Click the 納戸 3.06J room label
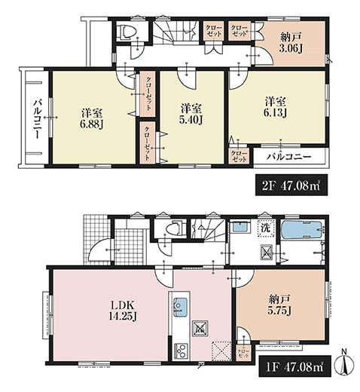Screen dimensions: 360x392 291,43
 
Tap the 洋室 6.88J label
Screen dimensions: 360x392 92,119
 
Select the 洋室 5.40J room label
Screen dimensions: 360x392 191,115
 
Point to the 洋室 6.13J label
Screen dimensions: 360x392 275,108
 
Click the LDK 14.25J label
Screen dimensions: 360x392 123,311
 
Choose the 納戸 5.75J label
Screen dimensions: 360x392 279,305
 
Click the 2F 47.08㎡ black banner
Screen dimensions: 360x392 291,185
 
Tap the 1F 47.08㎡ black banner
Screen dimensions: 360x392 294,366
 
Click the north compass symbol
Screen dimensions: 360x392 346,363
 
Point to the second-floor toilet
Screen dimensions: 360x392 128,32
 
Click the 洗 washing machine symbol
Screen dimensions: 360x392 265,228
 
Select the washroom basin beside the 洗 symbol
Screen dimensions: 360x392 242,226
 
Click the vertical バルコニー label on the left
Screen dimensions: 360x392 38,118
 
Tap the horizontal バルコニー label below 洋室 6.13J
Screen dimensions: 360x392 288,157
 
